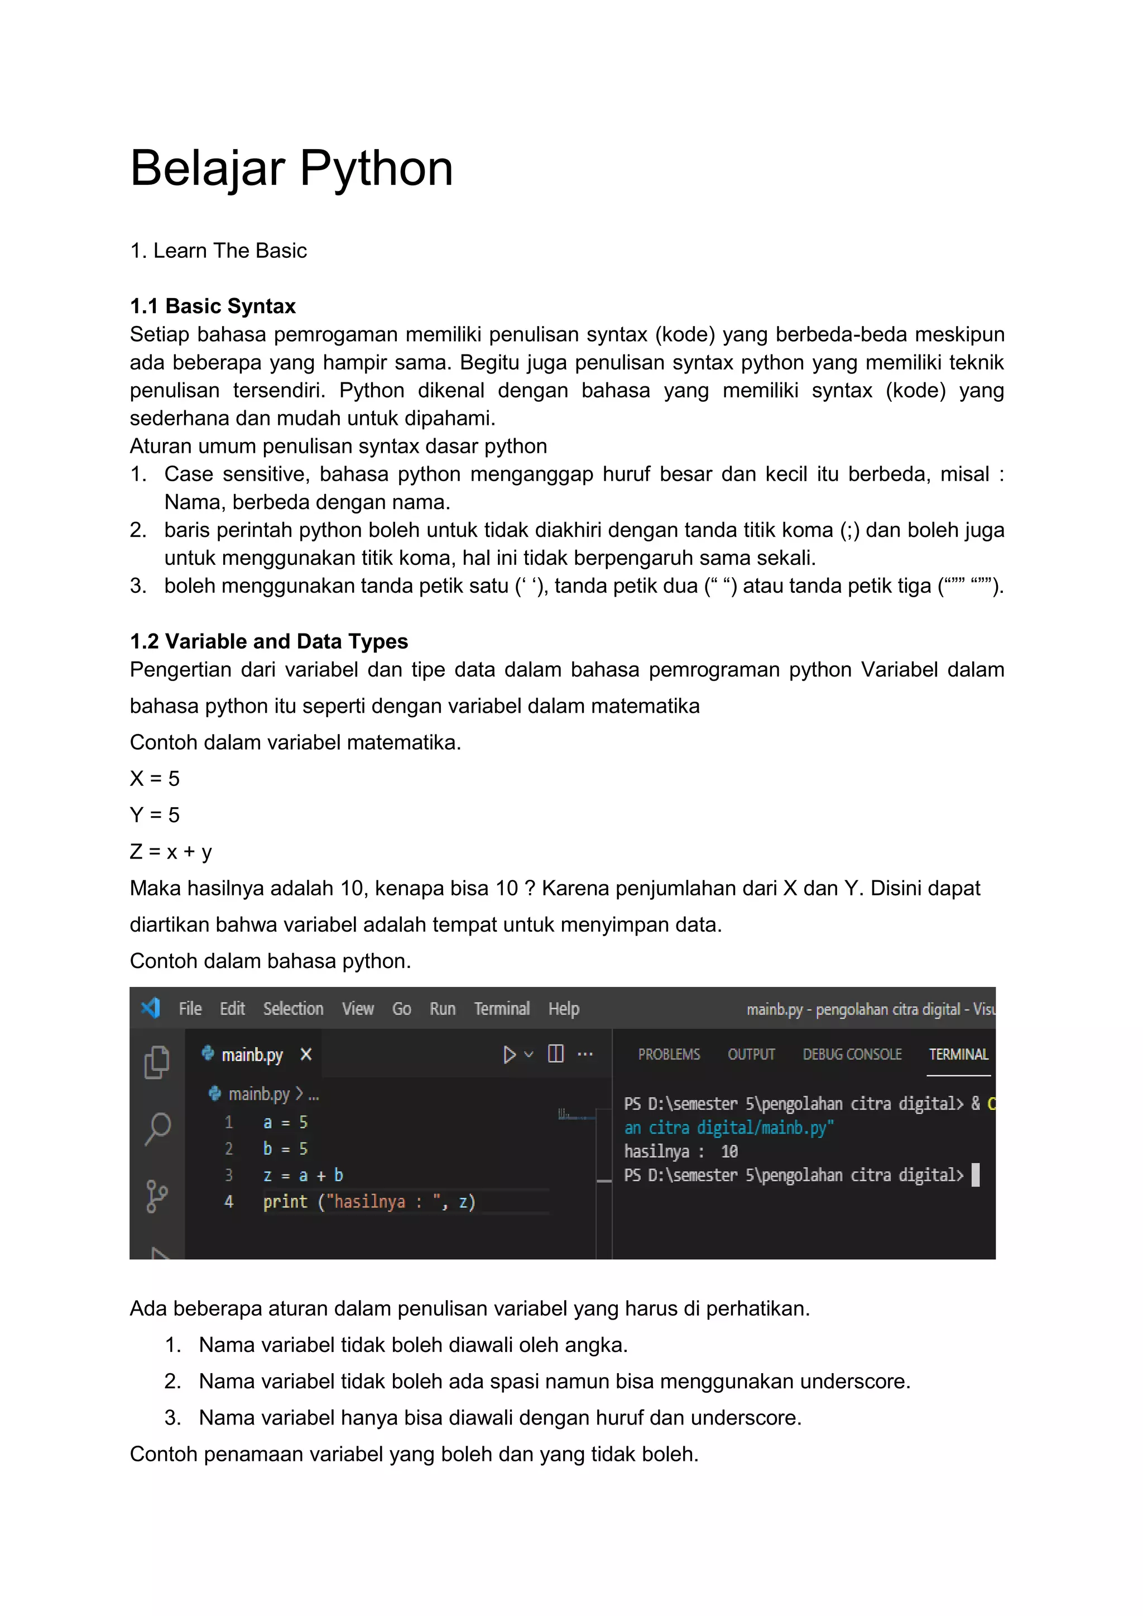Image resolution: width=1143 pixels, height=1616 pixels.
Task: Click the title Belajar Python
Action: pyautogui.click(x=291, y=169)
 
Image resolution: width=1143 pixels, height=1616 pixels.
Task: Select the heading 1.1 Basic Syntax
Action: pyautogui.click(x=213, y=306)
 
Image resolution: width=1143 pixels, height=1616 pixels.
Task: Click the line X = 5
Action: pyautogui.click(x=154, y=779)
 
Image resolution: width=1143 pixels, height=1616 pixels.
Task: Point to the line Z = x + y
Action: pyautogui.click(x=170, y=852)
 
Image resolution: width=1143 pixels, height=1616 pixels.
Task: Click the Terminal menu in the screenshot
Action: pyautogui.click(x=501, y=1009)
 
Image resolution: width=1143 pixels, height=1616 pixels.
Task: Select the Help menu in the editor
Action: pyautogui.click(x=564, y=1009)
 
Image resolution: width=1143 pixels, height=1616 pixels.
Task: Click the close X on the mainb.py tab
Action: pyautogui.click(x=305, y=1054)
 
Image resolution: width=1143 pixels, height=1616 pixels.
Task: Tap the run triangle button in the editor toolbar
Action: pyautogui.click(x=510, y=1054)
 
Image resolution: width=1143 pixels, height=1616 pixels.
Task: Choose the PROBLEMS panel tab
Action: pyautogui.click(x=669, y=1054)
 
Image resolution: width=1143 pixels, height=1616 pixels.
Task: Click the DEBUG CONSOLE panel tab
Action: pyautogui.click(x=852, y=1054)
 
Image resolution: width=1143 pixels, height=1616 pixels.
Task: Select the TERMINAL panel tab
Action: pyautogui.click(x=958, y=1054)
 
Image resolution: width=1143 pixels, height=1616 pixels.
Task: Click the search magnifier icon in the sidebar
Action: pyautogui.click(x=157, y=1128)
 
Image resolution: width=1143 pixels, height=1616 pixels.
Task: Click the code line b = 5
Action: pyautogui.click(x=285, y=1149)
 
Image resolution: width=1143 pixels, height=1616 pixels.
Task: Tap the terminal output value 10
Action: pyautogui.click(x=729, y=1152)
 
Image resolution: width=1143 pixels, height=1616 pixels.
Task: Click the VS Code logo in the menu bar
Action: pyautogui.click(x=151, y=1008)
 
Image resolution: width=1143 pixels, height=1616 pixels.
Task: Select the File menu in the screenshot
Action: pyautogui.click(x=190, y=1009)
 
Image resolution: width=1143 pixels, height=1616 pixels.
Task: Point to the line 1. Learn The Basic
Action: pyautogui.click(x=218, y=251)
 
